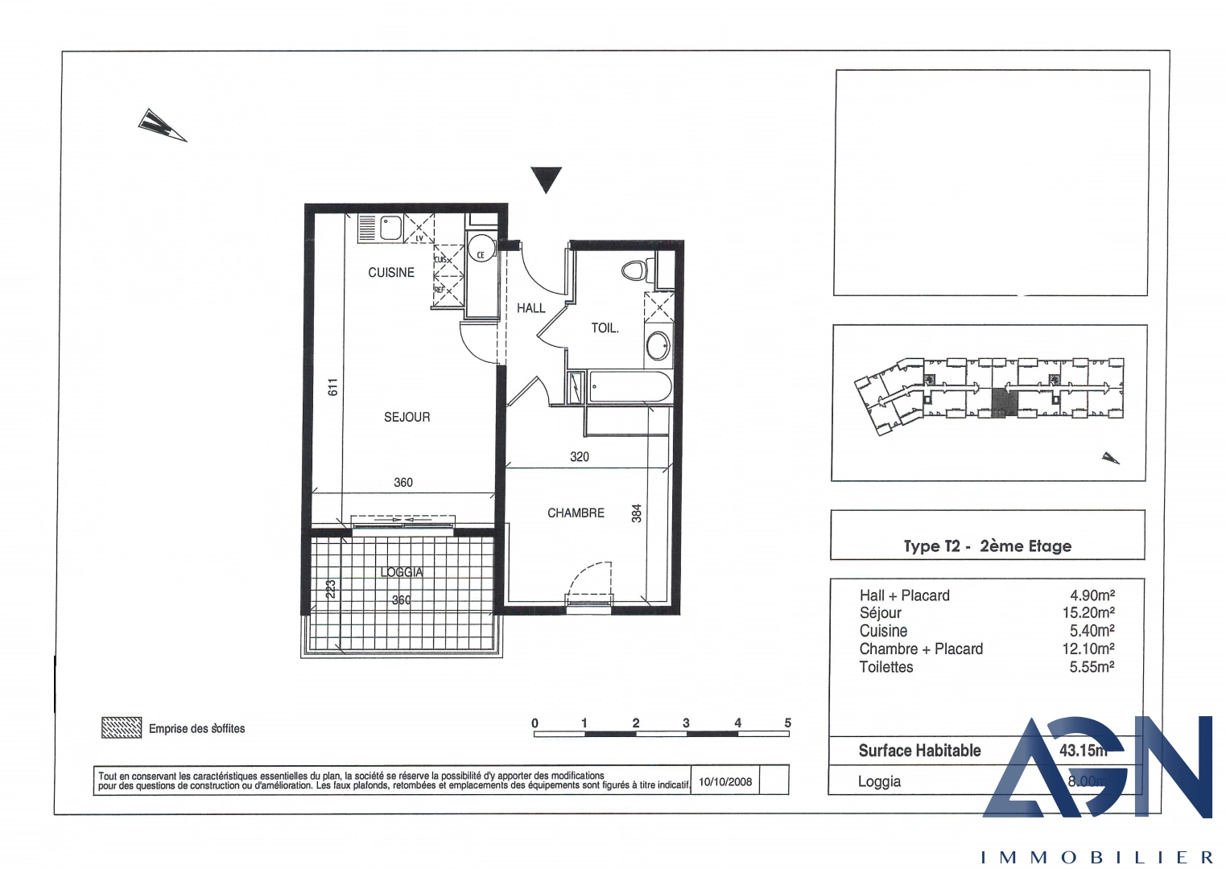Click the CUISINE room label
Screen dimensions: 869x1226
tap(391, 273)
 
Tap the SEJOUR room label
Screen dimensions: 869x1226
tap(407, 417)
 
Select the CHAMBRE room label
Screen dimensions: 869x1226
tap(576, 513)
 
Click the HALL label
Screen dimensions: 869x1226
tap(530, 308)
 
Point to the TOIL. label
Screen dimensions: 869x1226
tap(605, 328)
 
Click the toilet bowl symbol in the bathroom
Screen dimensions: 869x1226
tap(635, 270)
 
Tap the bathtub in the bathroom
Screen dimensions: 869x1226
tap(629, 387)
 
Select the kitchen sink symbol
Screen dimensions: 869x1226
tap(390, 229)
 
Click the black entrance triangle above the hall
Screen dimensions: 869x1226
tap(546, 179)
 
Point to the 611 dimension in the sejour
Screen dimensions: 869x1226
tap(332, 387)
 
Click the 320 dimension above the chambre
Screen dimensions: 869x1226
tap(579, 456)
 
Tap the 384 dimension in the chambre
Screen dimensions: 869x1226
tap(636, 513)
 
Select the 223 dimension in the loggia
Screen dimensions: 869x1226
tap(330, 590)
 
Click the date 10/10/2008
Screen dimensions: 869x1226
tap(724, 781)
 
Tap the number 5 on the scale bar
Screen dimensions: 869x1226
tap(787, 723)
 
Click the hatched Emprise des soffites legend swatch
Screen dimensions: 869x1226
tap(122, 727)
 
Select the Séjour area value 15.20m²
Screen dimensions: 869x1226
tap(1088, 613)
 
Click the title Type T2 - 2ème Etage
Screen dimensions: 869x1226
tap(987, 546)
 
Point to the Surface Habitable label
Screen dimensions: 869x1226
tap(919, 751)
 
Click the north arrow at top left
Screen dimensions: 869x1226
tap(162, 126)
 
